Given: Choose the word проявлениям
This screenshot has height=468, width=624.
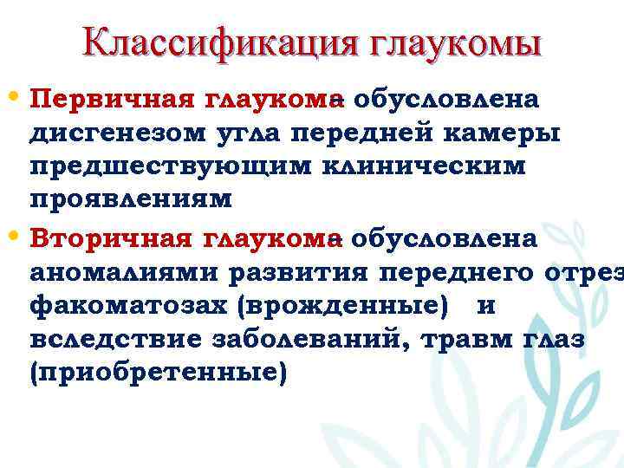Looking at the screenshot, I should pyautogui.click(x=131, y=199).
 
